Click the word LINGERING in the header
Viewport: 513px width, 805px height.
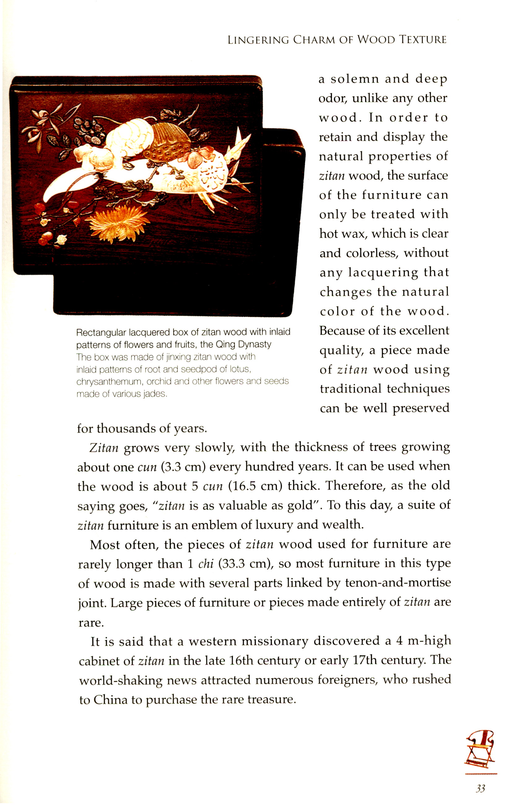(x=258, y=40)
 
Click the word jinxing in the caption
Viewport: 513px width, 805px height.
(x=178, y=357)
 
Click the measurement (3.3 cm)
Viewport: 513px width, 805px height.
(x=183, y=466)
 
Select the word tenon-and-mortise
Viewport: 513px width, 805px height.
(x=398, y=583)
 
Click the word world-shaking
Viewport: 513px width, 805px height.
(x=121, y=680)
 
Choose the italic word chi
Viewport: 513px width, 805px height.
(x=206, y=564)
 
